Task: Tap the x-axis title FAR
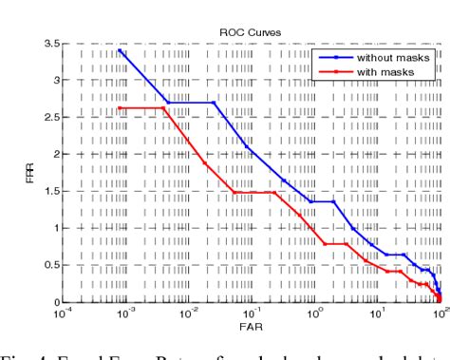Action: (250, 326)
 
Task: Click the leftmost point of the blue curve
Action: (121, 51)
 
